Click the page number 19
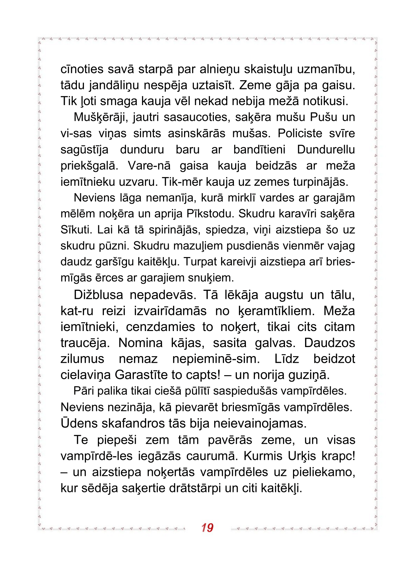(207, 527)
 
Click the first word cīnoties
(82, 70)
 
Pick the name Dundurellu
(326, 150)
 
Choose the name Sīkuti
(76, 230)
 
